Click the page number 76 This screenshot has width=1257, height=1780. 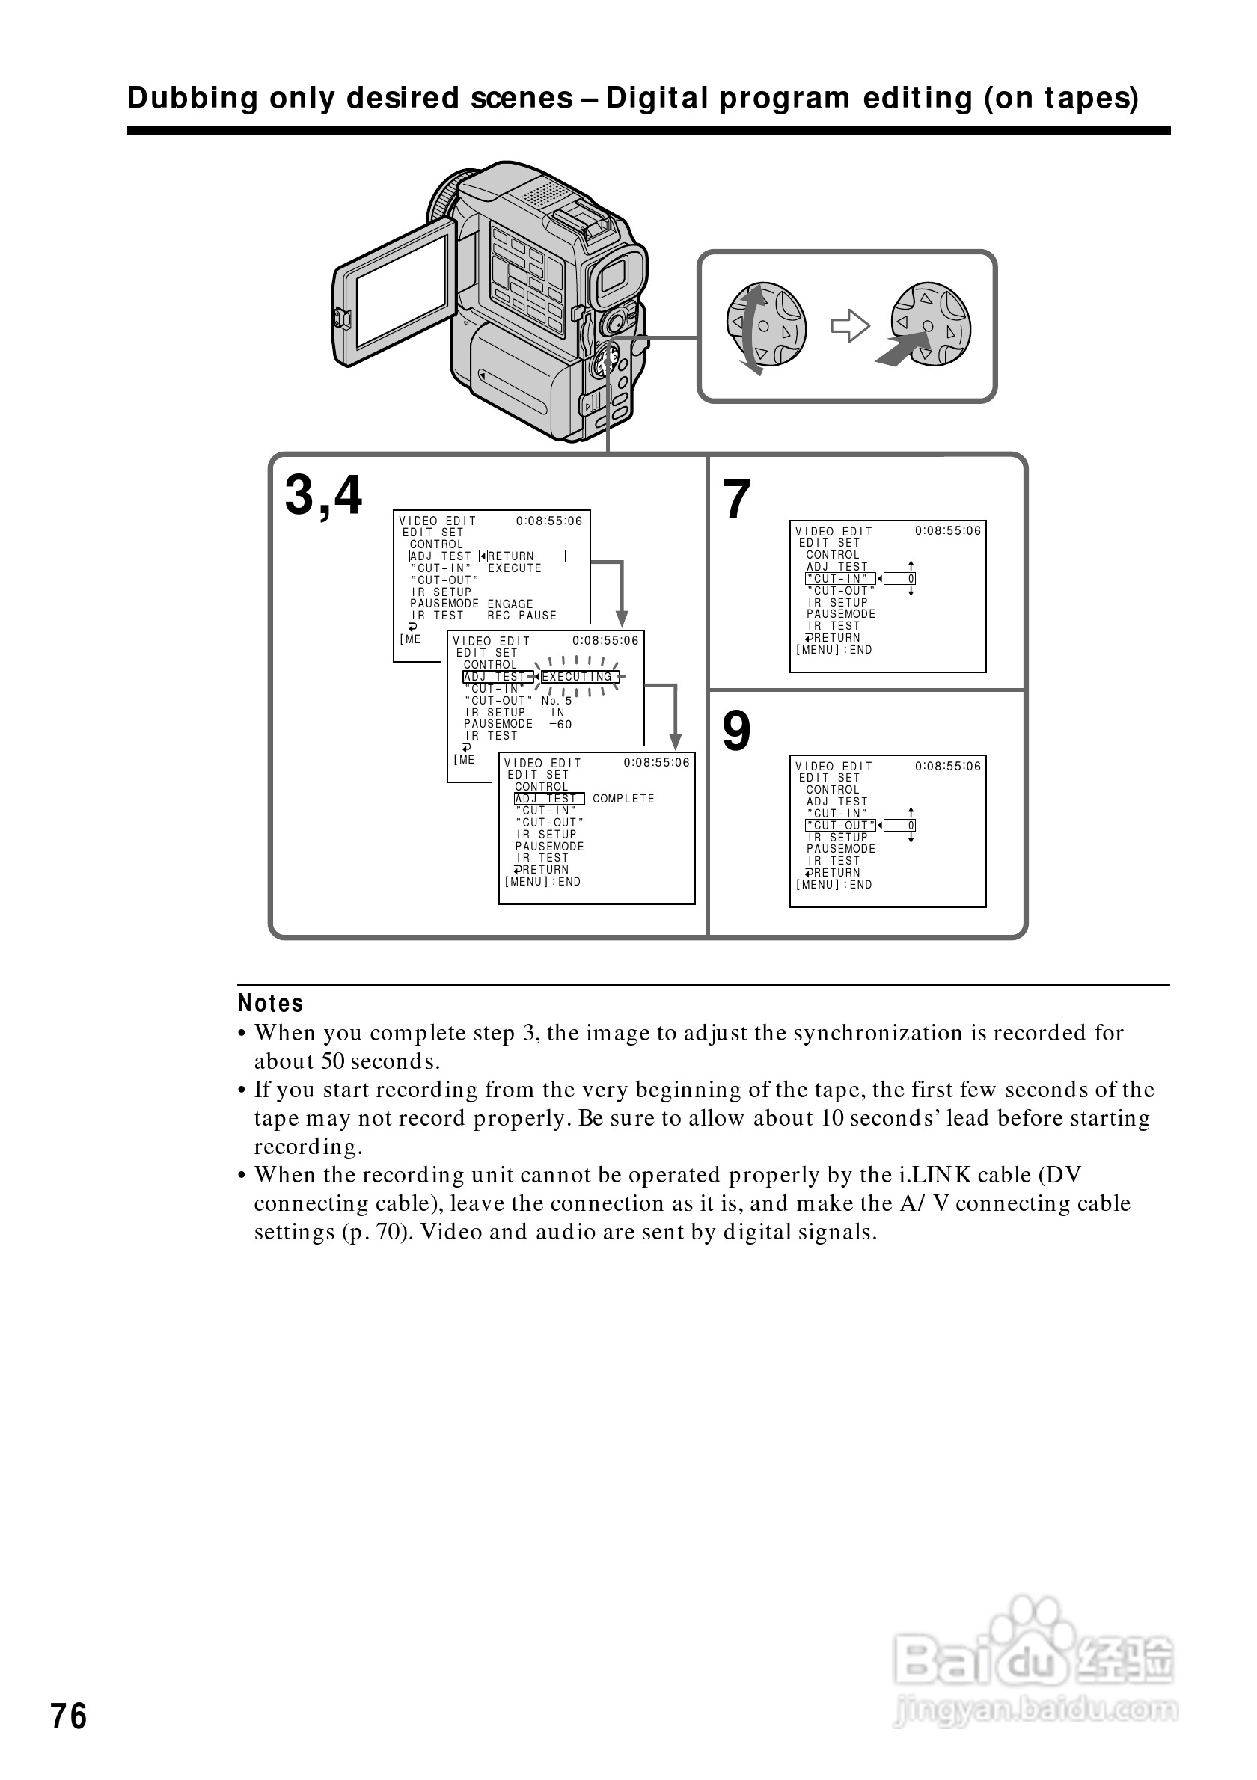[x=69, y=1716]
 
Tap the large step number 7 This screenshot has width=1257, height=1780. [x=736, y=500]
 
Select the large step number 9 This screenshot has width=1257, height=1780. [x=736, y=731]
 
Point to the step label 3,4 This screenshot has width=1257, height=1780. [x=323, y=495]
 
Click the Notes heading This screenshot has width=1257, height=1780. [x=270, y=1003]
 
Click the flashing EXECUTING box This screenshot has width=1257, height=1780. [x=578, y=677]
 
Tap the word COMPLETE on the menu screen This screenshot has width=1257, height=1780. [x=623, y=799]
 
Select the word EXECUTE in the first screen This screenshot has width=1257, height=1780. [x=514, y=568]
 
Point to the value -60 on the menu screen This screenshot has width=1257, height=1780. [x=560, y=725]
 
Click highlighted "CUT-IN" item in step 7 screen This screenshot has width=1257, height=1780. [x=840, y=579]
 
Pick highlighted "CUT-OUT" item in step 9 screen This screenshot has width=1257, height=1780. [x=840, y=826]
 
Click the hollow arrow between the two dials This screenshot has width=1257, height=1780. [x=850, y=325]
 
